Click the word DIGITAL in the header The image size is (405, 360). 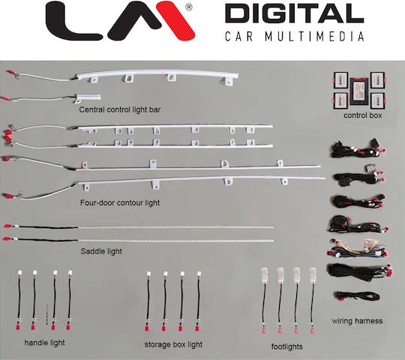[x=295, y=13]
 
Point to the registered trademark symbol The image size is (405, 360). [x=189, y=7]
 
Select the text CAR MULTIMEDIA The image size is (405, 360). [x=295, y=37]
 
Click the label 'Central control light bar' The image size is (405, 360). [x=120, y=109]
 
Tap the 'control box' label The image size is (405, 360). [x=363, y=115]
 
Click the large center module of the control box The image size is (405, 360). [x=360, y=91]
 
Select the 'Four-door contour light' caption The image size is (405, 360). [x=120, y=202]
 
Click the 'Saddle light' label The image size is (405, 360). [x=101, y=251]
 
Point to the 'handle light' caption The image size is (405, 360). [x=44, y=343]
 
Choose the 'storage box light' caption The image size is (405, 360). [x=173, y=344]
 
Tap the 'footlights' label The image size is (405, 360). [x=287, y=346]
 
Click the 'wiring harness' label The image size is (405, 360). [x=357, y=321]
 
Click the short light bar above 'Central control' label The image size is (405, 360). [x=88, y=97]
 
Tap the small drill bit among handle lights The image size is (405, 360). [x=47, y=314]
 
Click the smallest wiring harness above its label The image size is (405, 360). [x=357, y=296]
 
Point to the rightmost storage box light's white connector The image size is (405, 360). [x=199, y=274]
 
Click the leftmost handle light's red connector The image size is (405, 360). [x=19, y=327]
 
